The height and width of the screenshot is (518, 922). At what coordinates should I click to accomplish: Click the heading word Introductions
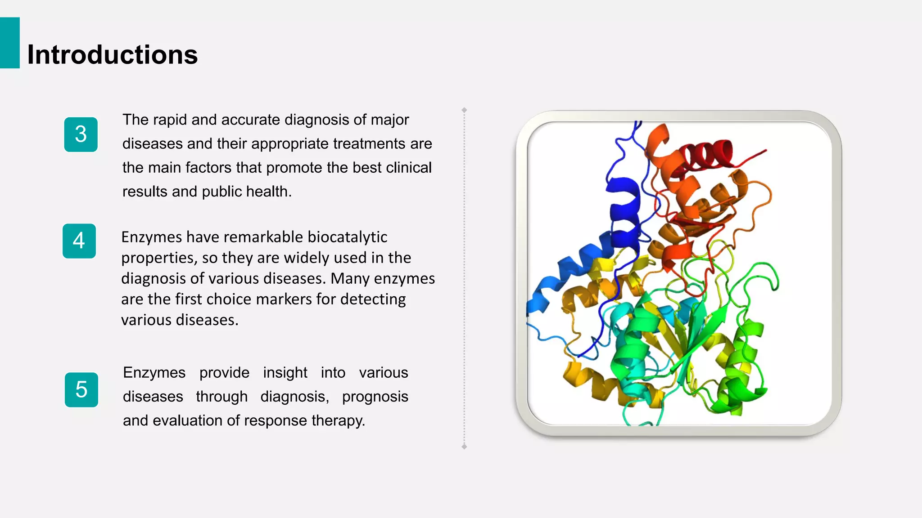point(113,55)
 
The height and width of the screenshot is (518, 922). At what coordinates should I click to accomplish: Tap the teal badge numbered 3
point(81,134)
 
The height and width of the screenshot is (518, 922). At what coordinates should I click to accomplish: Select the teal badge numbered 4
point(79,241)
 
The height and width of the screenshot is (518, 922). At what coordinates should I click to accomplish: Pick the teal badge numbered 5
point(81,390)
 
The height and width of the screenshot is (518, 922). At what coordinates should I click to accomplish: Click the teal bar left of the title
point(9,43)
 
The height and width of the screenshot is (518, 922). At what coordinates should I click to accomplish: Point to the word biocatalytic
point(347,237)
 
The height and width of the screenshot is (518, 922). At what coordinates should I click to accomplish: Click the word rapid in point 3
point(170,120)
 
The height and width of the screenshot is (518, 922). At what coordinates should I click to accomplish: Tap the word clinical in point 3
point(409,168)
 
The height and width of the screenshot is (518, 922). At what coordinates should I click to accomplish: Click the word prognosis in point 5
point(375,397)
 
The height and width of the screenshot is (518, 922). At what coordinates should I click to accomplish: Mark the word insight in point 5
point(285,373)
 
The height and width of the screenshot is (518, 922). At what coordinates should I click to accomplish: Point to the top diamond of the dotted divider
point(464,110)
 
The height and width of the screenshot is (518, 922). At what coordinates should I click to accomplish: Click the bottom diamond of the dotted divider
point(464,447)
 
